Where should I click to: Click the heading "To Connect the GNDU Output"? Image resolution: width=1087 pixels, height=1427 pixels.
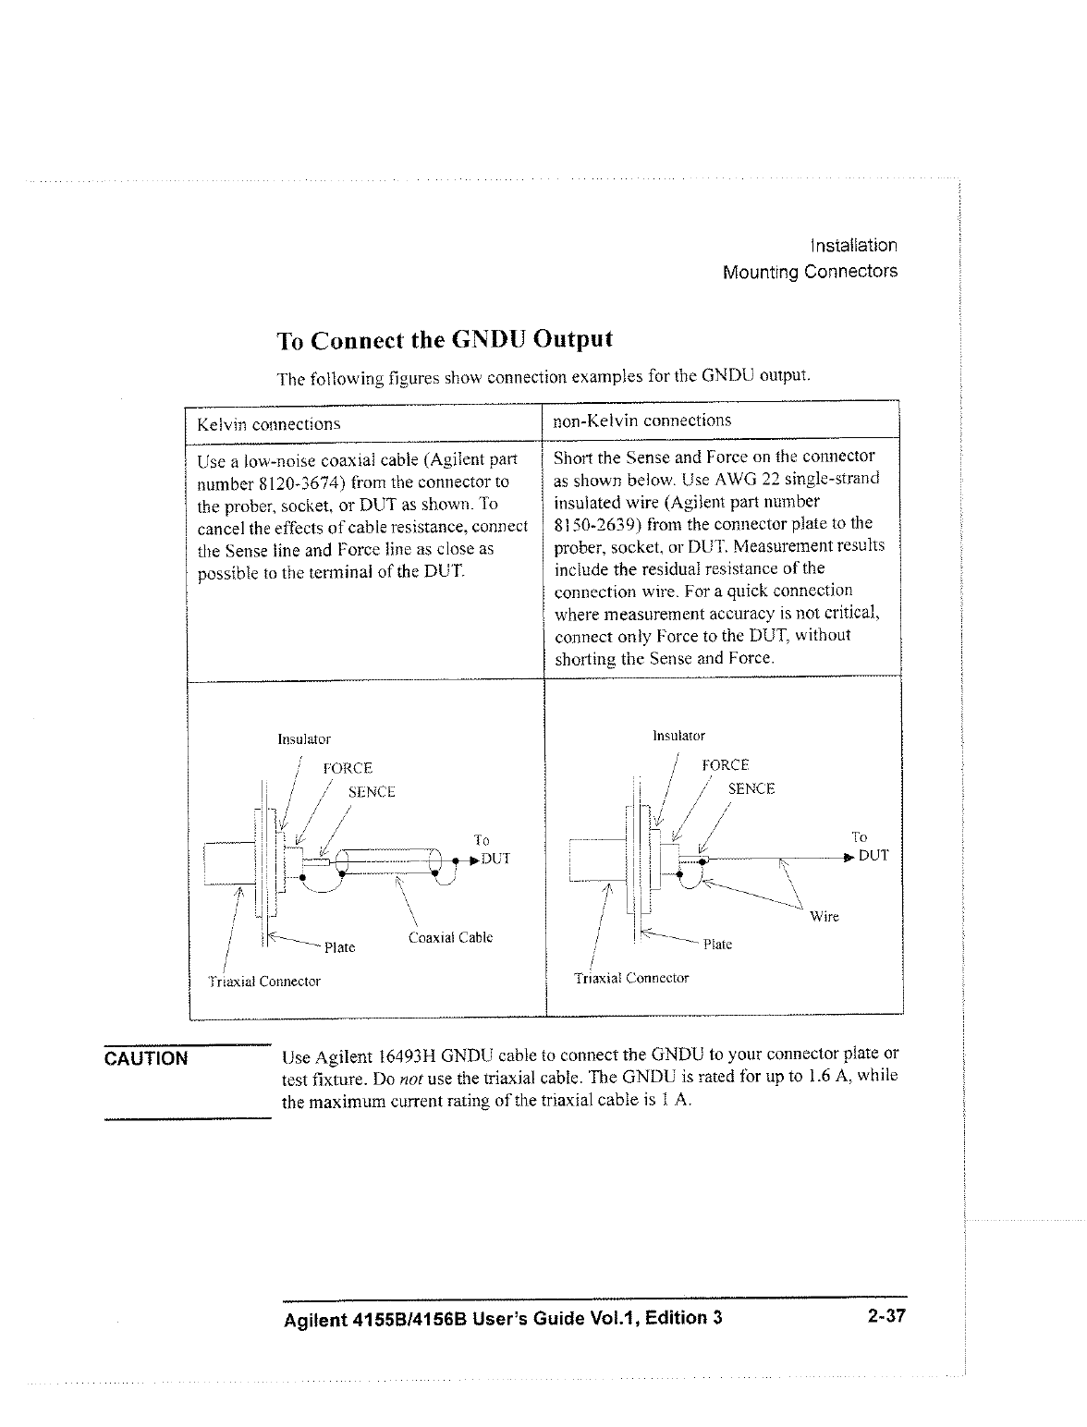coord(445,339)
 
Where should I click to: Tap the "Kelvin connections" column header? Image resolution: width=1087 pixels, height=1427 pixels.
coord(269,424)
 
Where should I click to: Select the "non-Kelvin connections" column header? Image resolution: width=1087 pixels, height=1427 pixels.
coord(641,421)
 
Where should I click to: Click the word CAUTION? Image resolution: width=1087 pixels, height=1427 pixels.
coord(146,1058)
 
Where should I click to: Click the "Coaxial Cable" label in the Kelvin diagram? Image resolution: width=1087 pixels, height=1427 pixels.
coord(449,937)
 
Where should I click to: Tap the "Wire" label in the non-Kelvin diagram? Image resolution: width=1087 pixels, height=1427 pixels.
coord(824,917)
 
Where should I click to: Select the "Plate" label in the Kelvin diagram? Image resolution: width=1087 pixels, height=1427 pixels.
coord(339,947)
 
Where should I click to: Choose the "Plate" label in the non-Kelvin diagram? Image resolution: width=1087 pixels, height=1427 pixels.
coord(717,945)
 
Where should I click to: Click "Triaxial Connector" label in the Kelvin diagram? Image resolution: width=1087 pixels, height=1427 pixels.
coord(263,982)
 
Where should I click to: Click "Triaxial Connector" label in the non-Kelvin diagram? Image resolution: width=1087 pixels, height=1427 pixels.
coord(631,978)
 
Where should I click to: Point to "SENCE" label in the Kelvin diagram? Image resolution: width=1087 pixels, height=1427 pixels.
coord(372,792)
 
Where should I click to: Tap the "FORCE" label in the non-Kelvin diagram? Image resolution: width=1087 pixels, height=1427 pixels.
coord(726,765)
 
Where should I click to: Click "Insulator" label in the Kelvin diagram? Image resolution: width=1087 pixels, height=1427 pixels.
coord(304,739)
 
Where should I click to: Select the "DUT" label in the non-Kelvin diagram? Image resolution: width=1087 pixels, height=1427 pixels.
coord(873,856)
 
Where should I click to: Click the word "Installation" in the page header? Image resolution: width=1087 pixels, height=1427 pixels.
coord(852,246)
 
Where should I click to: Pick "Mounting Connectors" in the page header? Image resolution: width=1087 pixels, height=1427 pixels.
coord(810,273)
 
